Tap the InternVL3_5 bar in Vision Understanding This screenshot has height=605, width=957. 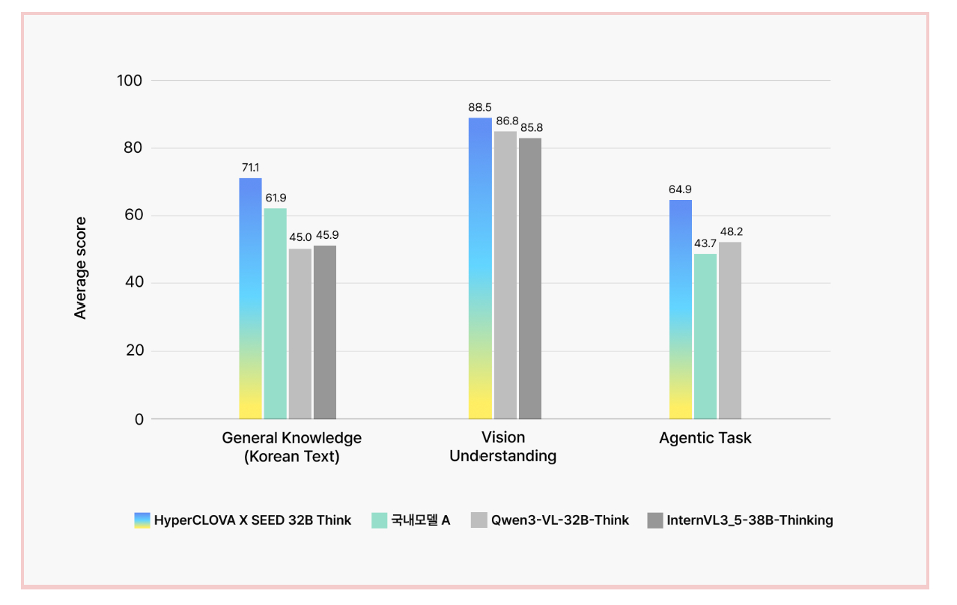[x=529, y=278]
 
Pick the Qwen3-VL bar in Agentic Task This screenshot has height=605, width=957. [x=730, y=330]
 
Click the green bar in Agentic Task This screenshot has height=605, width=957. [x=705, y=336]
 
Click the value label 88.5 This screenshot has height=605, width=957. [x=480, y=108]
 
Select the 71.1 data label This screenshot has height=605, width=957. [x=250, y=168]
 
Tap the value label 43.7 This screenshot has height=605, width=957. [x=705, y=244]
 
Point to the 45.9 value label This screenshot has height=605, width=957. [x=326, y=235]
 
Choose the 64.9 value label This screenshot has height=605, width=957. [x=680, y=189]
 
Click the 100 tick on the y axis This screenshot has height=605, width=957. [x=130, y=80]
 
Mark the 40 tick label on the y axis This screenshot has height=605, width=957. [x=134, y=283]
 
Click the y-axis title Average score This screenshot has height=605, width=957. [x=81, y=268]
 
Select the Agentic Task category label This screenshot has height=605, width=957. [x=705, y=438]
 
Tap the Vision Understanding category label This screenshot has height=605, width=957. [x=502, y=446]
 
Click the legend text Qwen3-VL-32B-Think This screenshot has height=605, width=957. [x=560, y=520]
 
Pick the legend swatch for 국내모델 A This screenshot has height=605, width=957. [x=380, y=520]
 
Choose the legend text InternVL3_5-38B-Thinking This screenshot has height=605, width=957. [x=750, y=520]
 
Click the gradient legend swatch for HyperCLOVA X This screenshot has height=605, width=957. [x=142, y=520]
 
